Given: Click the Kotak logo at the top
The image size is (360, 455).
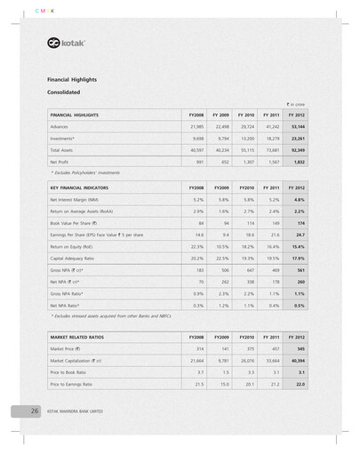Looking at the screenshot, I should [67, 44].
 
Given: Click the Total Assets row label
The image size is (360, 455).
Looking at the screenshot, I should [63, 151].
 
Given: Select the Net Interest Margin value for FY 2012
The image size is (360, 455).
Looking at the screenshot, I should [299, 201].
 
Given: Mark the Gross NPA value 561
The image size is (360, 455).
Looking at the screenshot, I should [300, 270].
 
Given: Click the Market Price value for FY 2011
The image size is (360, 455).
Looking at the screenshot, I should [273, 349].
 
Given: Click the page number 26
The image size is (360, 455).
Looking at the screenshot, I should [33, 411].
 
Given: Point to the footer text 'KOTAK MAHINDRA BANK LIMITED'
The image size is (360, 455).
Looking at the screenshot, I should [79, 411].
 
